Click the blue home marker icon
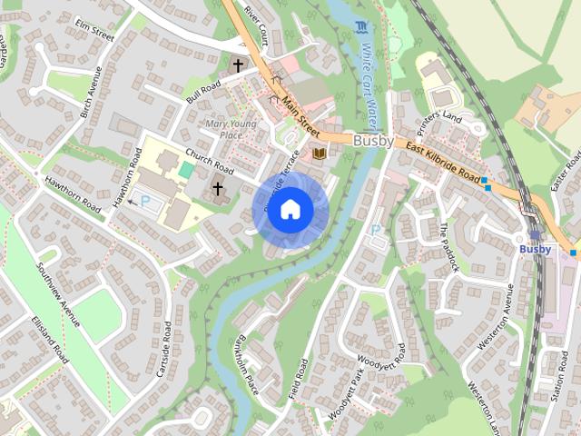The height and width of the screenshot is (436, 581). [290, 210]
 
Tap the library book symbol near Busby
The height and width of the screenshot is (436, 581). [319, 154]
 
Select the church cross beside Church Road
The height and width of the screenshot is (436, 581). [218, 189]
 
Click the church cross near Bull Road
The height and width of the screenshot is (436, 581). [238, 65]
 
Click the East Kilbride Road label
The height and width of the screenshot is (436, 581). [442, 161]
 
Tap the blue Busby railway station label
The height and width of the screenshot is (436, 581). [535, 249]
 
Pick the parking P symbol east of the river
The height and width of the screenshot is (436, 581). [376, 230]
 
